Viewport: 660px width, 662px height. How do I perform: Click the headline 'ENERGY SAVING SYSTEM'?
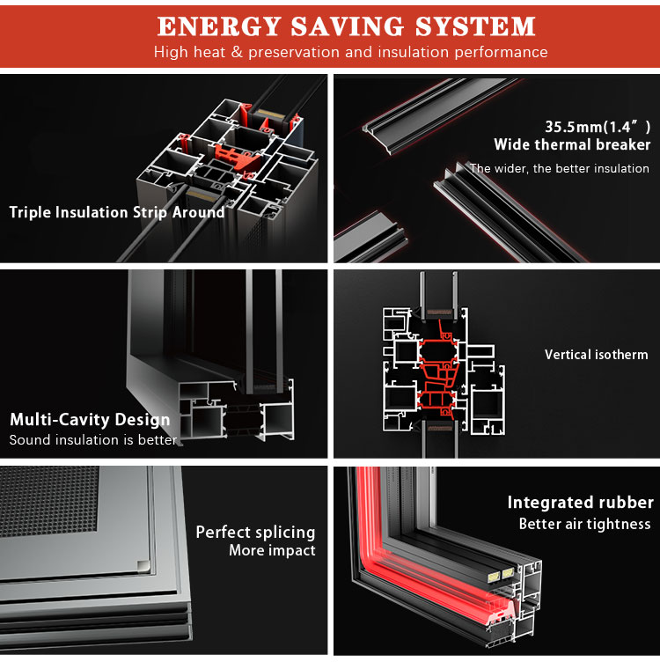pos(346,26)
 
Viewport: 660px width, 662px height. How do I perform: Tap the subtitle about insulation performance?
pos(350,52)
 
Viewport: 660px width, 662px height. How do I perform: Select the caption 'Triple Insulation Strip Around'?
pos(117,212)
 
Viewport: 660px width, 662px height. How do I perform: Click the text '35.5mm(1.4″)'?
pos(598,126)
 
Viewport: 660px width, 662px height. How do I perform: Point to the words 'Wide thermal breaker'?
pos(572,144)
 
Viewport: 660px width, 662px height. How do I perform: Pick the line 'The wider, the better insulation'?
pos(560,168)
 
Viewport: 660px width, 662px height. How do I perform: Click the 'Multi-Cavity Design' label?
pos(90,419)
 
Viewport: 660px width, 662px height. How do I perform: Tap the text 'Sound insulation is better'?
pos(93,440)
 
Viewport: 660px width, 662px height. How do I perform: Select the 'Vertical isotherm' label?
pos(597,354)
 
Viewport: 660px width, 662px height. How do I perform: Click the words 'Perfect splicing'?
pos(255,533)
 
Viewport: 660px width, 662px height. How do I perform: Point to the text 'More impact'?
pos(272,550)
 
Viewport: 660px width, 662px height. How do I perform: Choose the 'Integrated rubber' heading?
pos(581,503)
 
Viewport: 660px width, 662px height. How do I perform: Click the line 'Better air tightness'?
pos(585,524)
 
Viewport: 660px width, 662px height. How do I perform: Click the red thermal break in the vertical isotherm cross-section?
pos(439,371)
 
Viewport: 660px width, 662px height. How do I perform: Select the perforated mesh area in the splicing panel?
pos(49,501)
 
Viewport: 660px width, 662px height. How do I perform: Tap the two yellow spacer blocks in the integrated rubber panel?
pos(501,575)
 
